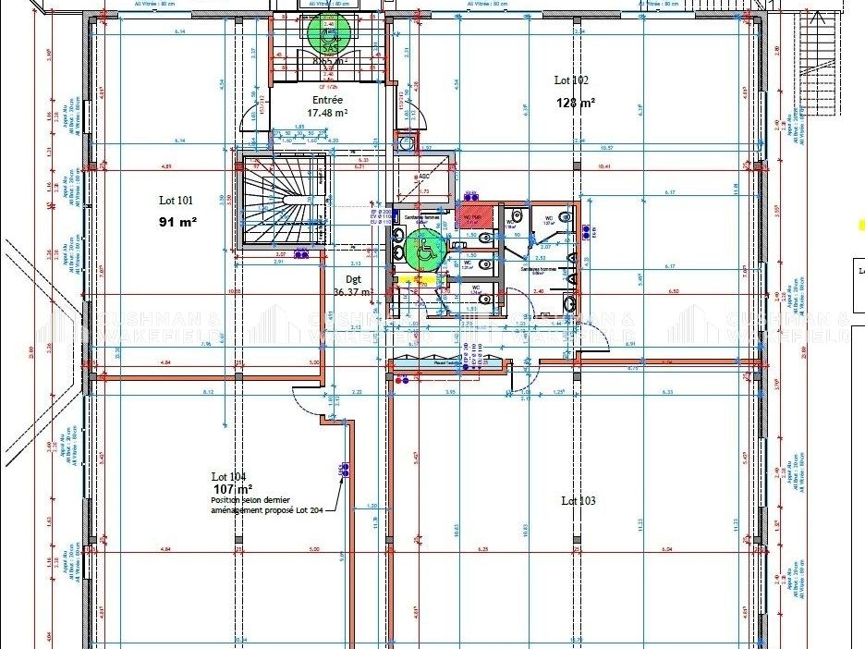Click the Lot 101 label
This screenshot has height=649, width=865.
[176, 200]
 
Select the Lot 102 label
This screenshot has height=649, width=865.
[571, 80]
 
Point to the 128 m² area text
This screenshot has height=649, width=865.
[575, 103]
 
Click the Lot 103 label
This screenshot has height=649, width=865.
[578, 500]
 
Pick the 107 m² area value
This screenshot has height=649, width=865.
[233, 488]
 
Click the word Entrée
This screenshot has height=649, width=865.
[327, 100]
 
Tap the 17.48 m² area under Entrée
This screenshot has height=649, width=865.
[327, 113]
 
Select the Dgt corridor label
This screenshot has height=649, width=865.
[353, 278]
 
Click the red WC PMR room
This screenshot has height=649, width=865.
[472, 219]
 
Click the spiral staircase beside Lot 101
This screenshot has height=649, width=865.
[283, 202]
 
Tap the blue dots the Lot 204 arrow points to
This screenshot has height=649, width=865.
[343, 471]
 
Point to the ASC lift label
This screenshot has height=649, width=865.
[424, 177]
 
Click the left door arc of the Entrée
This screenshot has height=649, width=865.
[250, 118]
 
